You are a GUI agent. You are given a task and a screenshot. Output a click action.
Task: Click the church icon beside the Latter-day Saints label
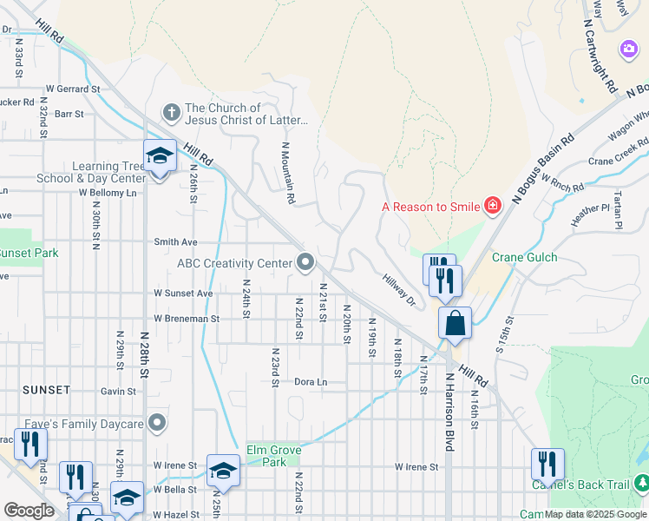(172, 113)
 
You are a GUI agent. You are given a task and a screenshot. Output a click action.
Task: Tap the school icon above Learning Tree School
(160, 156)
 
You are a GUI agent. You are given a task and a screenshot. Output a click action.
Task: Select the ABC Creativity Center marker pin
(305, 261)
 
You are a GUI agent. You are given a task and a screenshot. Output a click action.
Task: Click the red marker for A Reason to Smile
(493, 206)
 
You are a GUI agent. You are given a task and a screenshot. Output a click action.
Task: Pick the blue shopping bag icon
(455, 324)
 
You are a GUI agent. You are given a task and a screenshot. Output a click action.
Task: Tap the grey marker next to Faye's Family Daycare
(157, 423)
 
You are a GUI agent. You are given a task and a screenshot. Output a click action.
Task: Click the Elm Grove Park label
(266, 456)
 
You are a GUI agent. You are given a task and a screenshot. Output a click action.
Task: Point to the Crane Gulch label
(524, 257)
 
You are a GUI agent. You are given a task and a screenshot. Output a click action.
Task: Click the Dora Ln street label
(311, 381)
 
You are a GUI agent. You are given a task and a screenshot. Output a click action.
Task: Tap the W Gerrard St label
(74, 89)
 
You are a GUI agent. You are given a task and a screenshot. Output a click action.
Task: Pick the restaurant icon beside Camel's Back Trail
(547, 465)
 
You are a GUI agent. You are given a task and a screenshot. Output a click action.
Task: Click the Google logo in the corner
(28, 510)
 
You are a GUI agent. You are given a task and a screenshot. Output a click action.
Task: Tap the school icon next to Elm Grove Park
(223, 471)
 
